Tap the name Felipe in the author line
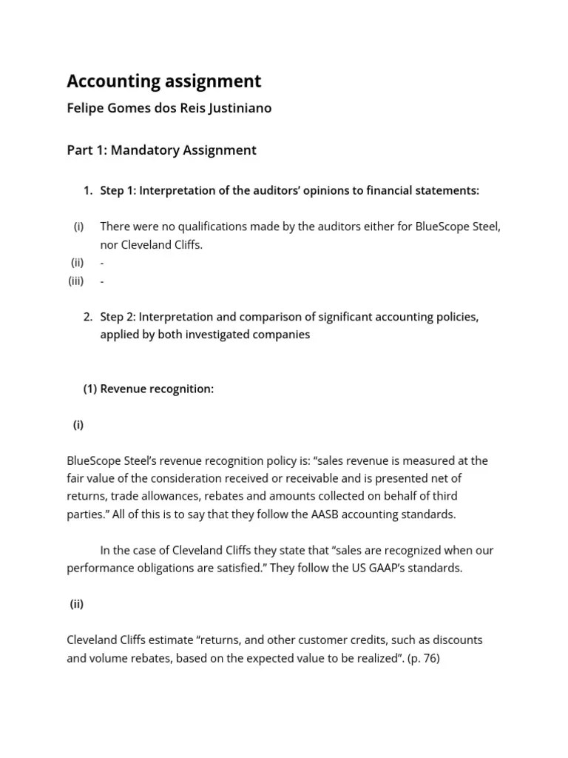point(86,108)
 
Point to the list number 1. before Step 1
point(88,191)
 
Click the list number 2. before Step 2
point(88,317)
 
